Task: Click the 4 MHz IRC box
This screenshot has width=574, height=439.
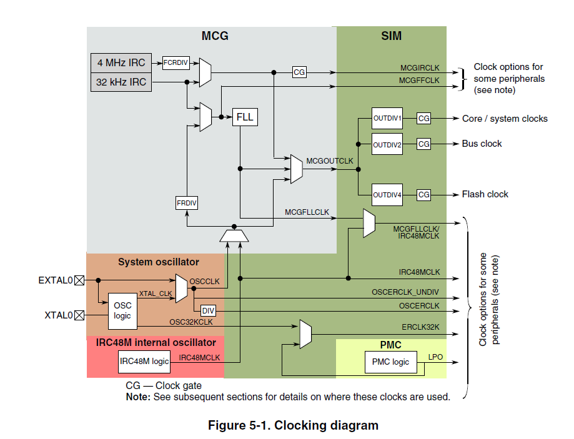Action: [121, 62]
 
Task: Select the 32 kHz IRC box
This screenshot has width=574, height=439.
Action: [121, 82]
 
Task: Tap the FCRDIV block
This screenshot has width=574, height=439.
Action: [176, 62]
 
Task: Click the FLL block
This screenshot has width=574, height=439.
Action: [245, 117]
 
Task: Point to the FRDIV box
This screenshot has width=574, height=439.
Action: [187, 203]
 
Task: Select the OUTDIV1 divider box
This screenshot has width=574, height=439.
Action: [387, 118]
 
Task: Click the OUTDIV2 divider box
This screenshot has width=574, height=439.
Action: [387, 144]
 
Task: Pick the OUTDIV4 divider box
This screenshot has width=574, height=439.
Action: [387, 195]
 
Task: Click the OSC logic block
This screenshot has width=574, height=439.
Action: [122, 311]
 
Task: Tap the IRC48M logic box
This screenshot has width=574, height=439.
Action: [144, 361]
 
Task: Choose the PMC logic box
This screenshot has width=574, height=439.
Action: [390, 362]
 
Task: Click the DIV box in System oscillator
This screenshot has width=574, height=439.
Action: [207, 310]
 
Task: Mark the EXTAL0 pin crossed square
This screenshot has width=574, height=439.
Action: [79, 281]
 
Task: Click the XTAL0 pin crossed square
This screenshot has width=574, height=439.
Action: [79, 315]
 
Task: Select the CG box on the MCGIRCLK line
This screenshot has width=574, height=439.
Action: [300, 72]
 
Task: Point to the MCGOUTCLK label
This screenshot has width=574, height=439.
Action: [330, 161]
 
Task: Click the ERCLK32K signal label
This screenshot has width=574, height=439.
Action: [421, 327]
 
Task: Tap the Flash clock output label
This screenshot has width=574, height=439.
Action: [485, 194]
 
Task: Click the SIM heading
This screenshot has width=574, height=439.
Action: [391, 36]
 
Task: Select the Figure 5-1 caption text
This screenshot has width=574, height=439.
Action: [293, 426]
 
